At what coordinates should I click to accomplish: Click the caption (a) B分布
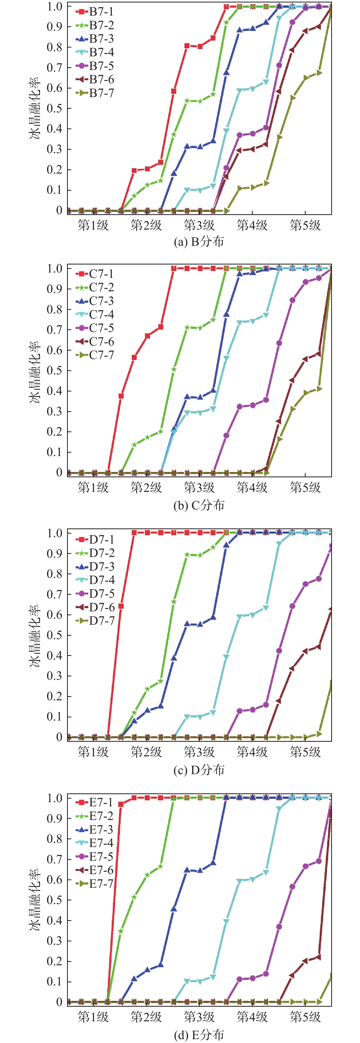point(199,242)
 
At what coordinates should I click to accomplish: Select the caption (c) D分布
point(199,770)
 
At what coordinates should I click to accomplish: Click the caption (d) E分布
point(199,1034)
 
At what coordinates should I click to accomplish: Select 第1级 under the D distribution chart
point(93,752)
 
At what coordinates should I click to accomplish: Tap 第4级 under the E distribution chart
point(252,1017)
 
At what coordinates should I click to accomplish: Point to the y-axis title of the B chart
point(35,108)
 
